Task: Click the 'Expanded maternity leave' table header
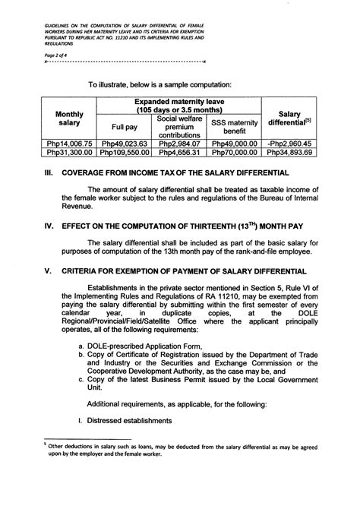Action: click(x=179, y=106)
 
